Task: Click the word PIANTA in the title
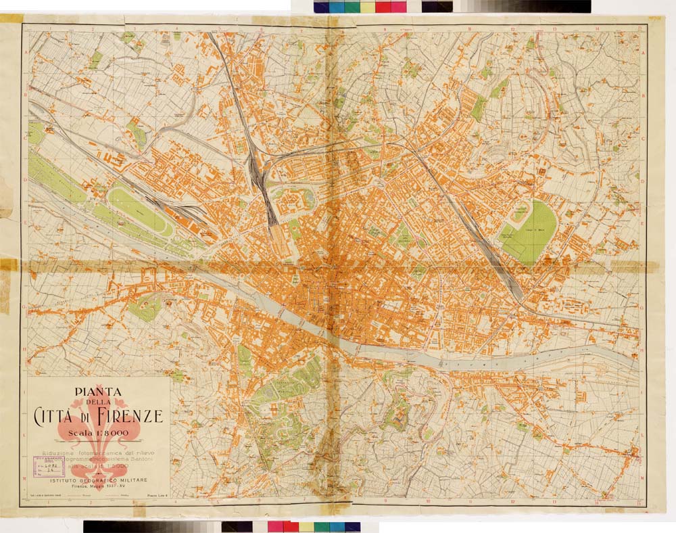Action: (x=98, y=390)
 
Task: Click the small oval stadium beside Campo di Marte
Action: (x=519, y=212)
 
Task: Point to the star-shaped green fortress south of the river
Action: (x=395, y=413)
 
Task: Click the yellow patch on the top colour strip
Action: (x=367, y=7)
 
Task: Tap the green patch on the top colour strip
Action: (x=352, y=7)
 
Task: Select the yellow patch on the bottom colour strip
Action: (x=306, y=526)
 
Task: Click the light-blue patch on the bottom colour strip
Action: (x=337, y=526)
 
